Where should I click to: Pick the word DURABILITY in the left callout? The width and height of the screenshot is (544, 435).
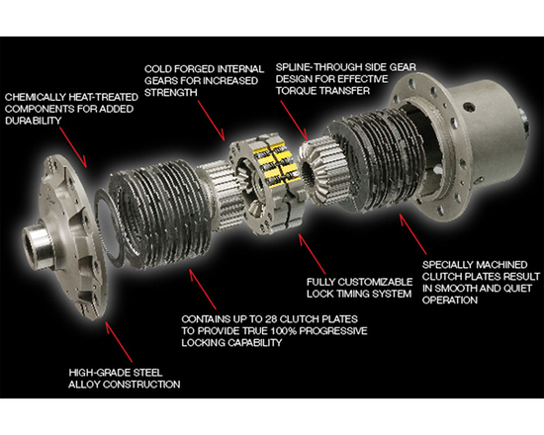(x=38, y=121)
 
